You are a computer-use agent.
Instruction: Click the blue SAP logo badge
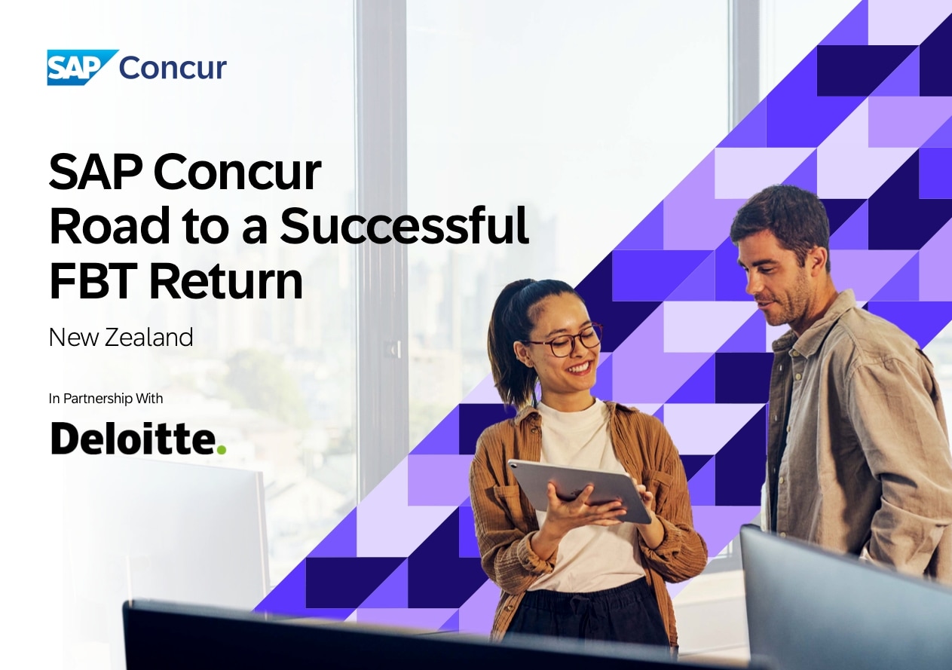pos(81,67)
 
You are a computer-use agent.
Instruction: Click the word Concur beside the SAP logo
pos(173,68)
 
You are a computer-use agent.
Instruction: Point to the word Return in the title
pos(226,280)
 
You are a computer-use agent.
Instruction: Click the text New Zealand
pos(121,338)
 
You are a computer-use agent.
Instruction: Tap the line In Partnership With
pos(106,399)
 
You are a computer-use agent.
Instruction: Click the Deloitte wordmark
pos(139,439)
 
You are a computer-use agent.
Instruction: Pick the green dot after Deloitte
pos(222,448)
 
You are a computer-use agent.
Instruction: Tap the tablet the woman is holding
pos(581,491)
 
